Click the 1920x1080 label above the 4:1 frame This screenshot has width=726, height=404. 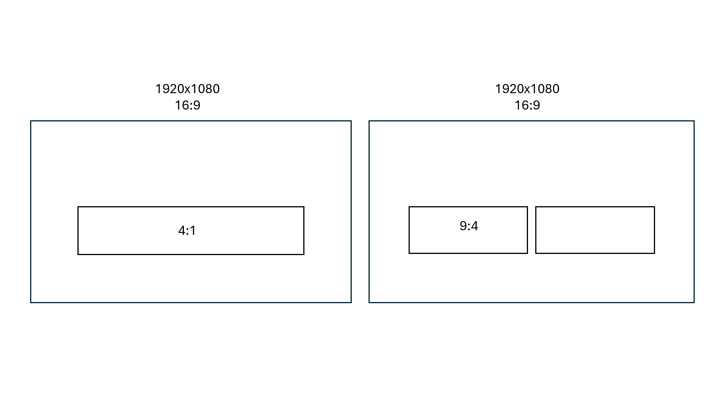tap(187, 89)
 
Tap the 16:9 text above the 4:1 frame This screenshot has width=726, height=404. tap(187, 105)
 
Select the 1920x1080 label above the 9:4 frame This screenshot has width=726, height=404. tap(527, 89)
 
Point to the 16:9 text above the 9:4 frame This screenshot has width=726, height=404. tap(527, 105)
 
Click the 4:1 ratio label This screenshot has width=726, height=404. tap(187, 231)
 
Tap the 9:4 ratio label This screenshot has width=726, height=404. tap(469, 226)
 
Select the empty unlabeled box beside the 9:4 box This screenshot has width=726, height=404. tap(595, 230)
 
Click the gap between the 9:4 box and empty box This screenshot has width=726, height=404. tap(531, 230)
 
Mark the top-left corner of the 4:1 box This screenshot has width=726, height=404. tap(78, 207)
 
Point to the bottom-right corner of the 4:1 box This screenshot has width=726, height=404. tap(304, 254)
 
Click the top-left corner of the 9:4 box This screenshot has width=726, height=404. tap(409, 207)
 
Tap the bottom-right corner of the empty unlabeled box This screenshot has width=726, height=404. tap(654, 253)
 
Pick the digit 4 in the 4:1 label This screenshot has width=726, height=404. tap(182, 231)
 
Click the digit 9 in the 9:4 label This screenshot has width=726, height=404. tap(463, 226)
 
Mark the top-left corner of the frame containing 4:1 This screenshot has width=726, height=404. tap(31, 121)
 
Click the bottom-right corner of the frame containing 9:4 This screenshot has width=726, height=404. tap(694, 302)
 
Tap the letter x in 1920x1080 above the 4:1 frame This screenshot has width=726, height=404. tap(188, 90)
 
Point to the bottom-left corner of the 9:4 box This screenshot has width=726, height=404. tap(409, 253)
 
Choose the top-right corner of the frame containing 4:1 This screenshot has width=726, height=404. tap(351, 121)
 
